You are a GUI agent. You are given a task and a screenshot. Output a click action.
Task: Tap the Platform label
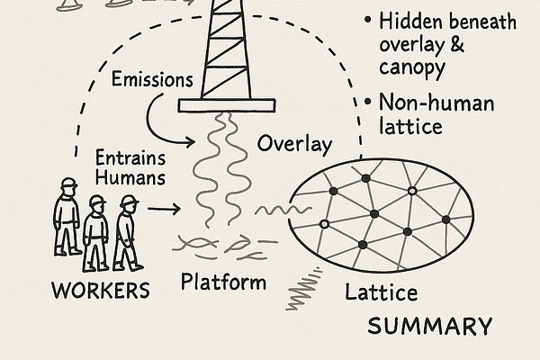[223, 283]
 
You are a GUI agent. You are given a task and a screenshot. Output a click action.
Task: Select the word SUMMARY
[430, 326]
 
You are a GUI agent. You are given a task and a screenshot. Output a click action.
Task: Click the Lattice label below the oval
[381, 292]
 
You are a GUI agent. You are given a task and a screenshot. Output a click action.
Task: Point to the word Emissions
[152, 79]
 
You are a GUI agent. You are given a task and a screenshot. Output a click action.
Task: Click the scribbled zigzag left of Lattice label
[306, 290]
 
